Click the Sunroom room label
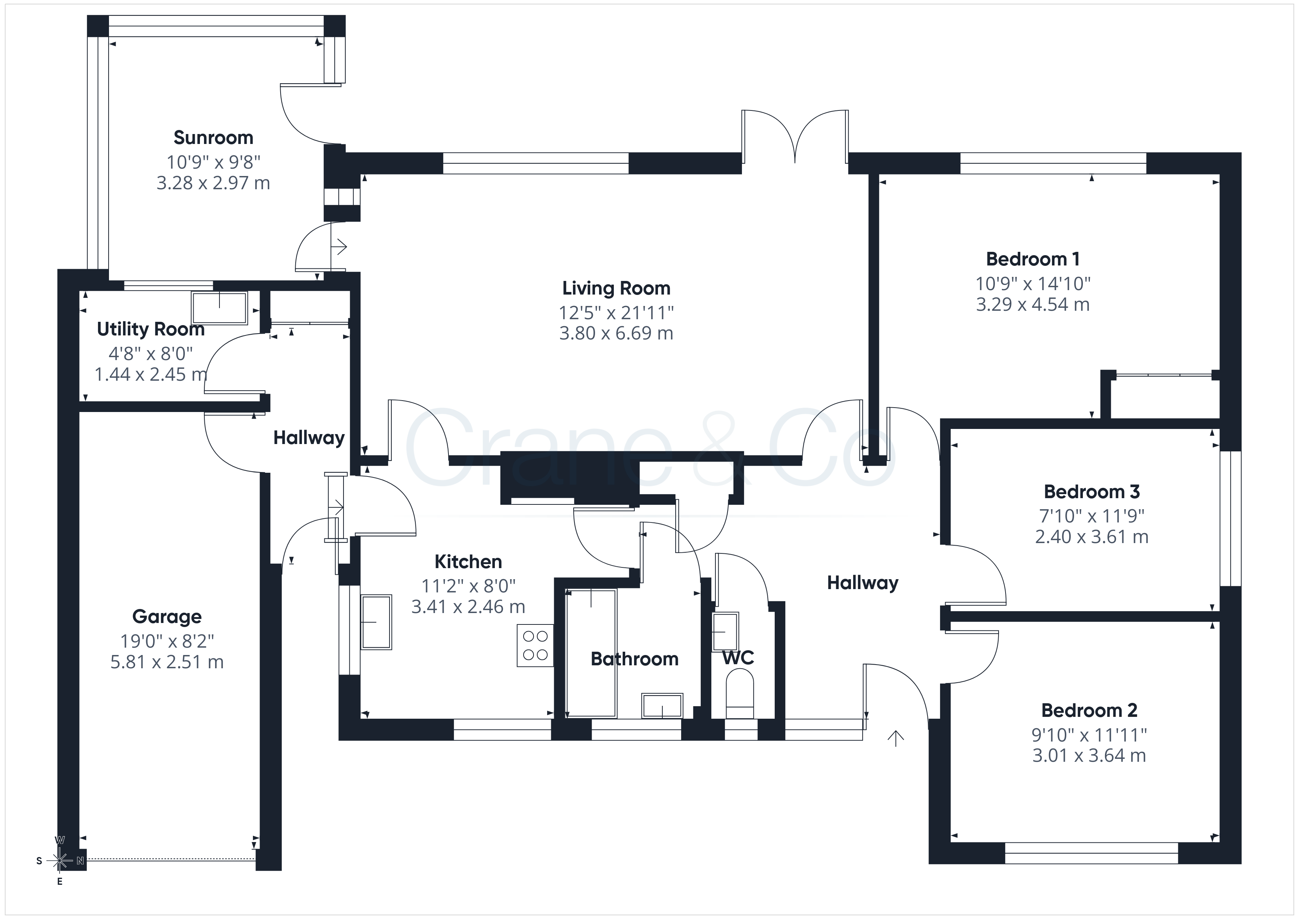point(213,137)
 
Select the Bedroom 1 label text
point(1032,259)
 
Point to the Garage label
point(167,616)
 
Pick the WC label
point(738,658)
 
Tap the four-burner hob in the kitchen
point(535,645)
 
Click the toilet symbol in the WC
point(740,694)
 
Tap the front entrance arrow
point(895,739)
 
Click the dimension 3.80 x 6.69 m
point(616,333)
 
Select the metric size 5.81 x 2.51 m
point(167,662)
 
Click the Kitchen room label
point(468,561)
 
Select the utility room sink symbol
point(219,308)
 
